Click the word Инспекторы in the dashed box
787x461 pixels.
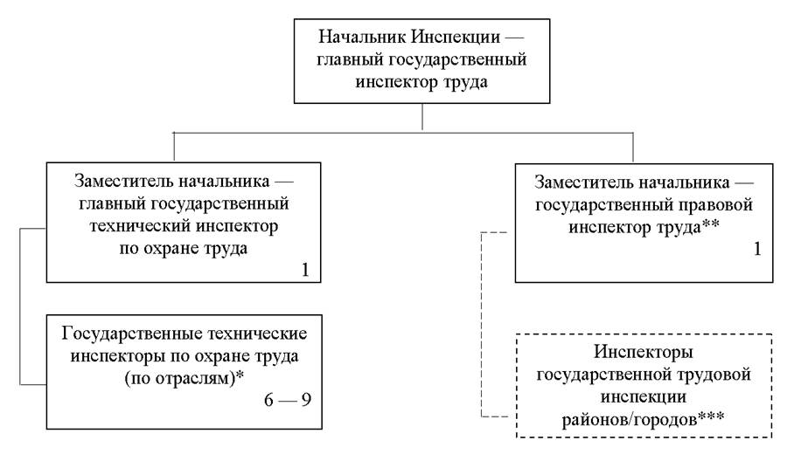[x=644, y=355]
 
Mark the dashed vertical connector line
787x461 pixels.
[x=481, y=323]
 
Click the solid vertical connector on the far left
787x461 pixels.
[x=19, y=306]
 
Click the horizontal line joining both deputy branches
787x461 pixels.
[x=402, y=132]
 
